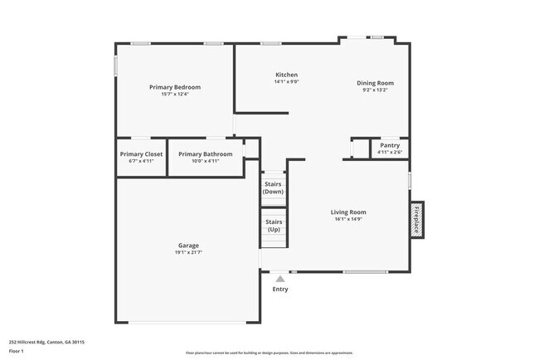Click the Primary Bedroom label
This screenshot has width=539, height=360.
[x=175, y=87]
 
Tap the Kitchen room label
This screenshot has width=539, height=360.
[x=286, y=75]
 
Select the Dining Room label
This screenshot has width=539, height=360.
[x=375, y=83]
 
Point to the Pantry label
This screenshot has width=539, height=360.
[x=389, y=145]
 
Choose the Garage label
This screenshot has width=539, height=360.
[x=187, y=246]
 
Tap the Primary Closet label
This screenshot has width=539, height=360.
[x=141, y=154]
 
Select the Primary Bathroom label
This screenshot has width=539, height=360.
[x=205, y=154]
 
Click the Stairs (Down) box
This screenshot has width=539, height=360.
[x=273, y=188]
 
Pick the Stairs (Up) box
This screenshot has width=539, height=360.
[x=273, y=226]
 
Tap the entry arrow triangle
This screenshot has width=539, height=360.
[x=280, y=279]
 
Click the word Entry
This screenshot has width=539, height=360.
[x=280, y=289]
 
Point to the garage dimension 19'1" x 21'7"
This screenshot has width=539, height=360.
[x=187, y=253]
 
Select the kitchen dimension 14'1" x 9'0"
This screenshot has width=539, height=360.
[x=286, y=82]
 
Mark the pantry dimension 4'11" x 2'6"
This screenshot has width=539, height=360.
[x=389, y=152]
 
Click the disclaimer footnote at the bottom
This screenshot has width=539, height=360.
[x=269, y=353]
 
